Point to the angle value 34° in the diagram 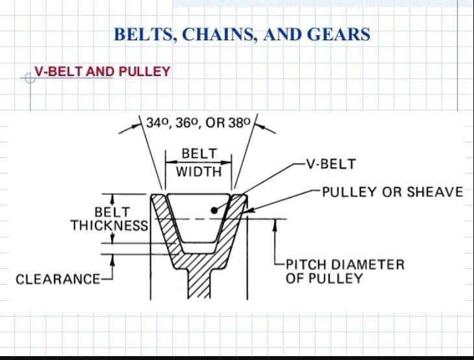(158, 123)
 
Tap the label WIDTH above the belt (199, 172)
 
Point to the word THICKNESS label (110, 225)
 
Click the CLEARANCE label (58, 279)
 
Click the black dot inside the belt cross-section (214, 211)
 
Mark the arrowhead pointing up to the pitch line (275, 224)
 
